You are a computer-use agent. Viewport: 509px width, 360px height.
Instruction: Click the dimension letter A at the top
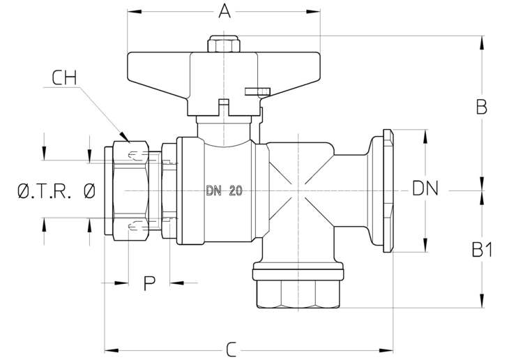[225, 10]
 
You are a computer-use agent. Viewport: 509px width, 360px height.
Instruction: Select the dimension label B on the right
[481, 107]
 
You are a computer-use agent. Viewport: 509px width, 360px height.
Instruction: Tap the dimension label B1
[482, 250]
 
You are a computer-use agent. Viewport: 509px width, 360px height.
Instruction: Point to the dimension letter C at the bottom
[231, 350]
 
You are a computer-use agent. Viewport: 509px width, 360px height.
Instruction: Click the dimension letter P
[149, 283]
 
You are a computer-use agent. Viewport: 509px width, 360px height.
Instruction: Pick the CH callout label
[64, 77]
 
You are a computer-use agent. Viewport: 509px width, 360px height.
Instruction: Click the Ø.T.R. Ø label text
[56, 190]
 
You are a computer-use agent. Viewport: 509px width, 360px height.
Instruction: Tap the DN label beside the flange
[425, 188]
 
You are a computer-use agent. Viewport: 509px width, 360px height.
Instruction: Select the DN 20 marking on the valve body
[224, 190]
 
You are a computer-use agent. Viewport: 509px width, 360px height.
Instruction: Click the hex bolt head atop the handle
[224, 44]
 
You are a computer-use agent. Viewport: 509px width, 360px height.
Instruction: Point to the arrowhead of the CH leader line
[124, 137]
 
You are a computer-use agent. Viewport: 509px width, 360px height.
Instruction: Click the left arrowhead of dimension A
[134, 12]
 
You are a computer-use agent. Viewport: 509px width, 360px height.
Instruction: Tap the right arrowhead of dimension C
[386, 350]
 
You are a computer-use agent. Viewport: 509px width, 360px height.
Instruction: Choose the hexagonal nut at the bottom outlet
[298, 294]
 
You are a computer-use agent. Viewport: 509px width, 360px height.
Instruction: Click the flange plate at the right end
[388, 190]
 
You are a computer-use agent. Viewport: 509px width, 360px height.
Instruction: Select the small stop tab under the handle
[257, 91]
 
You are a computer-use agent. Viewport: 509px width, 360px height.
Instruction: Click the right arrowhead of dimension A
[313, 12]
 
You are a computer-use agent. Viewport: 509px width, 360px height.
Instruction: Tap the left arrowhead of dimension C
[112, 350]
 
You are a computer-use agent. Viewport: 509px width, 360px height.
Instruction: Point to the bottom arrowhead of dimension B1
[482, 301]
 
